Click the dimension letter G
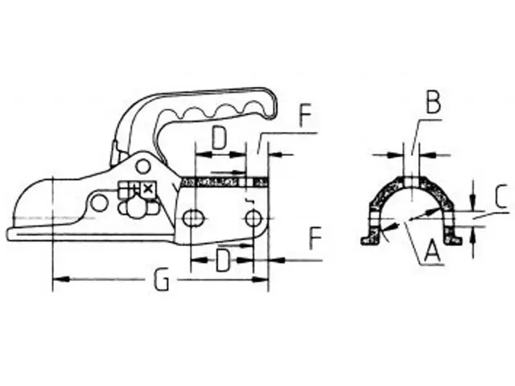tap(162, 281)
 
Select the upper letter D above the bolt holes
tap(218, 138)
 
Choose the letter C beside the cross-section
tap(500, 197)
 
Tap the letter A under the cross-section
tap(431, 254)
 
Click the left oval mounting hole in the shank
tap(193, 219)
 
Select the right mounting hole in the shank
tap(253, 218)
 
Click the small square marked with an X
tap(147, 189)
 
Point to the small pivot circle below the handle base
tap(143, 166)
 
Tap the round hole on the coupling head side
tap(99, 203)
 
